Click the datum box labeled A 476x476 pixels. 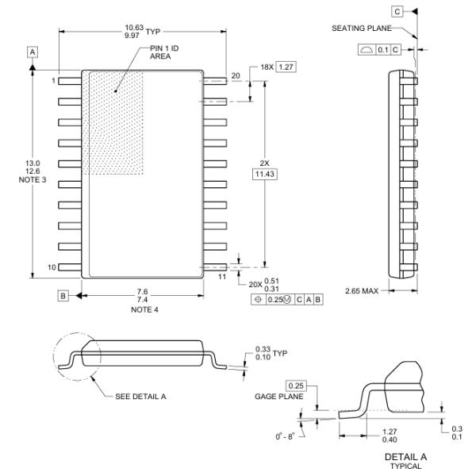[x=33, y=52]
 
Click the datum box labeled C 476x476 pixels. [x=396, y=11]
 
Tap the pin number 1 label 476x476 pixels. [x=54, y=81]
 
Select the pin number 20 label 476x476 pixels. [x=236, y=76]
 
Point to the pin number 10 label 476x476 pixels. [x=52, y=267]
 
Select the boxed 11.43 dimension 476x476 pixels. [x=265, y=174]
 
